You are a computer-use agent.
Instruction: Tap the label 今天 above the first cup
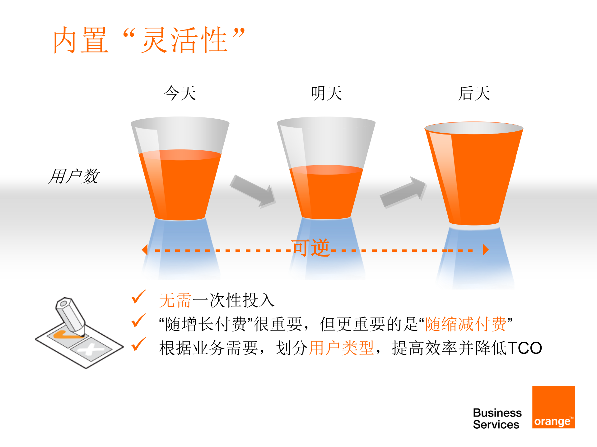coord(180,93)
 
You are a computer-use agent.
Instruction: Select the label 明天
coord(326,93)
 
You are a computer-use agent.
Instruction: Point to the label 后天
coord(474,93)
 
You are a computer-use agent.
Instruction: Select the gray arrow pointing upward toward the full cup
coord(403,192)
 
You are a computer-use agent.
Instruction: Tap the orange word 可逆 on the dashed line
coord(310,248)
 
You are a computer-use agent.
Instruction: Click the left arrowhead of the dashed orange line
coord(145,249)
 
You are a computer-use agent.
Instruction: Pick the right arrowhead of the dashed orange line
coord(485,249)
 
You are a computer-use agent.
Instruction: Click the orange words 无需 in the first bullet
coord(175,300)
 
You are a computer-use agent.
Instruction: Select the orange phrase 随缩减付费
coord(465,324)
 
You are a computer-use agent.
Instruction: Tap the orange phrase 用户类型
coord(341,348)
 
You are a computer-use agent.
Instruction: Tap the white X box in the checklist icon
coord(91,350)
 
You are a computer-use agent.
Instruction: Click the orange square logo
coord(553,407)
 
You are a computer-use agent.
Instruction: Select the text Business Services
coord(497,418)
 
